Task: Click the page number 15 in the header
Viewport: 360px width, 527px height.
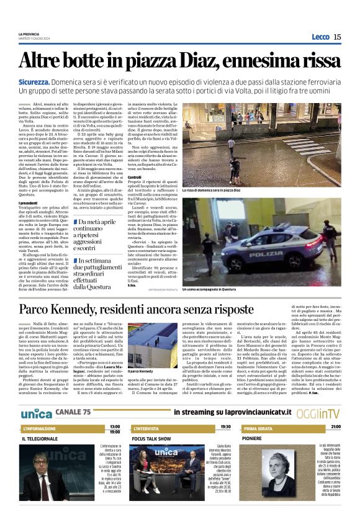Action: coord(336,37)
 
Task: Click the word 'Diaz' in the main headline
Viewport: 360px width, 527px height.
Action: coord(186,61)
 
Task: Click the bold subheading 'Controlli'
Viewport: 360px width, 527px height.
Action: coord(134,177)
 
